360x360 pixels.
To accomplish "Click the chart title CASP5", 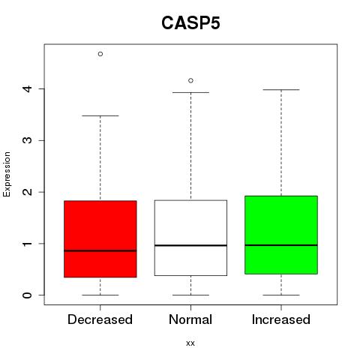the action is pyautogui.click(x=190, y=23).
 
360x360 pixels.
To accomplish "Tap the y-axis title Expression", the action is pyautogui.click(x=7, y=174).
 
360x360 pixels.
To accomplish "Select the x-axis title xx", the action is pyautogui.click(x=190, y=343).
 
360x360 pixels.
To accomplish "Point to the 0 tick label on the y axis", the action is pyautogui.click(x=28, y=295).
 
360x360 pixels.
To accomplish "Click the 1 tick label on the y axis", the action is pyautogui.click(x=28, y=244).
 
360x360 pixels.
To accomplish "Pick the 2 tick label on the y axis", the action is pyautogui.click(x=28, y=192).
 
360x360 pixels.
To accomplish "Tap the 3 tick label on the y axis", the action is pyautogui.click(x=28, y=140).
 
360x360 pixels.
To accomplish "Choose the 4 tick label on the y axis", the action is pyautogui.click(x=28, y=88).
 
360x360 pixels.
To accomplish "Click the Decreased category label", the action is pyautogui.click(x=100, y=319).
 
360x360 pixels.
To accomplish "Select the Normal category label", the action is pyautogui.click(x=190, y=319).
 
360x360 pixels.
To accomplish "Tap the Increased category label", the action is pyautogui.click(x=281, y=319).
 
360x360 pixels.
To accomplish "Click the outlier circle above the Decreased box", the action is pyautogui.click(x=100, y=54).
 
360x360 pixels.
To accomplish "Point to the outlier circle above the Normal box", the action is pyautogui.click(x=190, y=80).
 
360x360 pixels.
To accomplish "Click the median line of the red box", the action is pyautogui.click(x=100, y=250).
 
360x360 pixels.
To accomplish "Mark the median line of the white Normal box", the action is pyautogui.click(x=190, y=245).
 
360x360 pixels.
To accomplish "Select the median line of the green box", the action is pyautogui.click(x=281, y=245).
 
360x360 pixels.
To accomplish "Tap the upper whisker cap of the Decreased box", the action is pyautogui.click(x=100, y=115).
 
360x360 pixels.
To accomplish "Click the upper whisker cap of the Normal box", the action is pyautogui.click(x=190, y=92).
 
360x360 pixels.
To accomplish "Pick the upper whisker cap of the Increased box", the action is pyautogui.click(x=281, y=89).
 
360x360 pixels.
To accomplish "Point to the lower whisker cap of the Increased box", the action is pyautogui.click(x=281, y=295).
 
